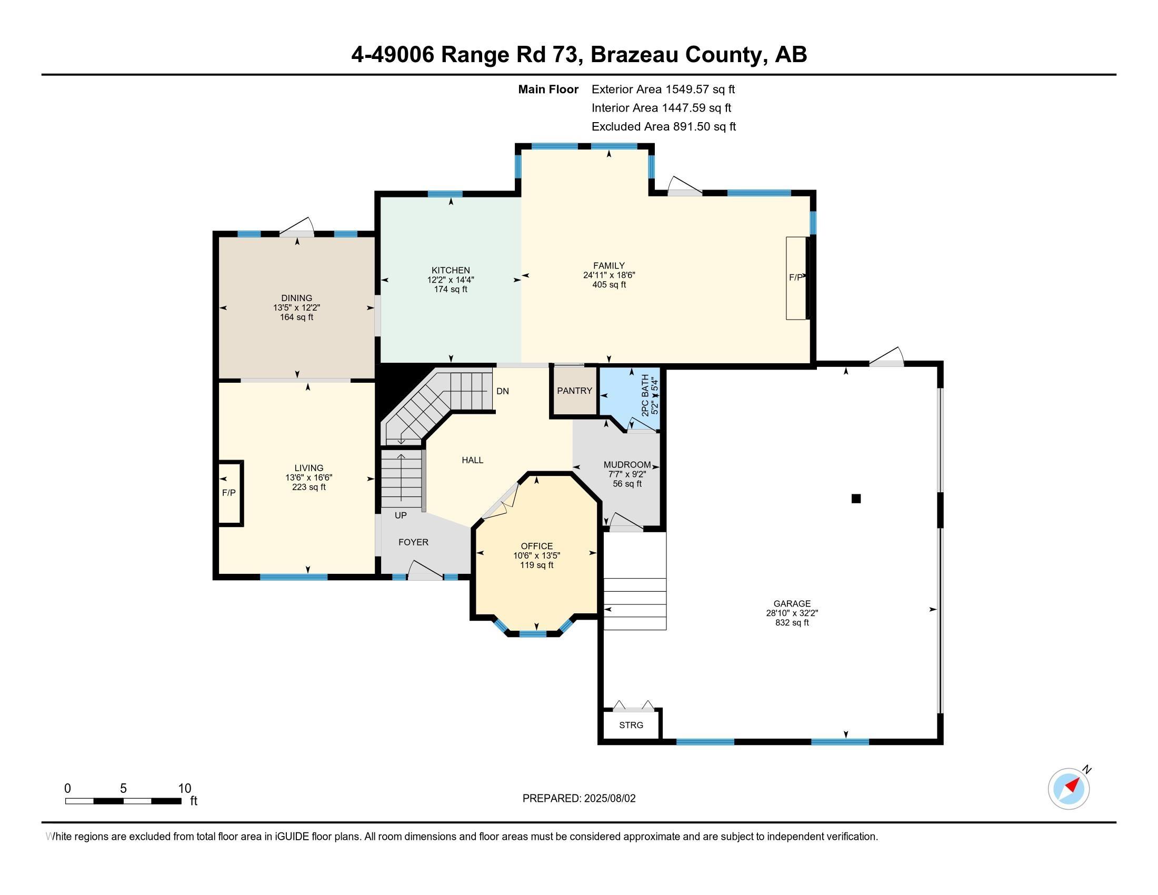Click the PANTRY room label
click(x=574, y=391)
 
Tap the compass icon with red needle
click(x=1069, y=789)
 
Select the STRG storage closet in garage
click(x=631, y=725)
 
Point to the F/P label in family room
click(x=795, y=277)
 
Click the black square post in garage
click(x=856, y=499)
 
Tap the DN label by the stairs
click(x=502, y=391)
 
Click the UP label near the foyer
click(x=401, y=515)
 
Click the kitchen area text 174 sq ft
click(x=451, y=290)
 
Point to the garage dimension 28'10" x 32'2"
click(x=792, y=613)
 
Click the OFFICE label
click(x=536, y=546)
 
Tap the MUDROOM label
click(x=627, y=465)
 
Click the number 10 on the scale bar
click(x=184, y=789)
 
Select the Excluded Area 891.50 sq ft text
click(x=663, y=127)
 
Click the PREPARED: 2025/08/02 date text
click(x=578, y=799)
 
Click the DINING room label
click(x=296, y=298)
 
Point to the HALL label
click(x=472, y=460)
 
